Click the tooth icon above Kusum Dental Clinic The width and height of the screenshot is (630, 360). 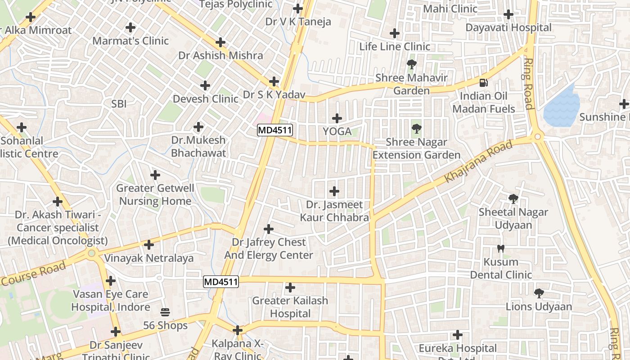(x=500, y=249)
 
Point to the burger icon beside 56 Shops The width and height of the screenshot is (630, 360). (x=165, y=312)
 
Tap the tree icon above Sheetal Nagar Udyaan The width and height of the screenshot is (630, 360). (x=513, y=198)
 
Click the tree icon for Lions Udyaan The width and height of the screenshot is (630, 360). (x=539, y=294)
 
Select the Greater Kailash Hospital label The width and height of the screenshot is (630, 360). (x=290, y=307)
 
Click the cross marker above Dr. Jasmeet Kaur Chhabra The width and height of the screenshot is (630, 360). (x=334, y=191)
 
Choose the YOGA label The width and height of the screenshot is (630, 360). (x=337, y=131)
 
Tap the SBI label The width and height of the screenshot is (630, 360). (x=119, y=104)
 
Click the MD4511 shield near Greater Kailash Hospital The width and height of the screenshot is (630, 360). (x=221, y=282)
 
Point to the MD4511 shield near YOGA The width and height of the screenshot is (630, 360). (x=275, y=130)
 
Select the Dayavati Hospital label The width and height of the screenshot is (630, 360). (x=508, y=27)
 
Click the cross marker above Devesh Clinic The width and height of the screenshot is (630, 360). (x=205, y=85)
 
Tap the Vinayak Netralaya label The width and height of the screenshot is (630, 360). (x=149, y=258)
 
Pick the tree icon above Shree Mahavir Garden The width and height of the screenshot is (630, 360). (x=411, y=64)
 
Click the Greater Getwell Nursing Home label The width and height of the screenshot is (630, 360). (x=155, y=194)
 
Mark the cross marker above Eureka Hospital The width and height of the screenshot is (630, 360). (x=458, y=335)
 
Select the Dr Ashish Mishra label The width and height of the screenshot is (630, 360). (x=220, y=55)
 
